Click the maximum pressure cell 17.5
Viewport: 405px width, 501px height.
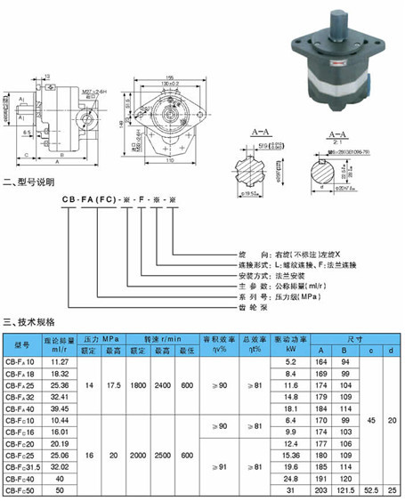tap(113, 384)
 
